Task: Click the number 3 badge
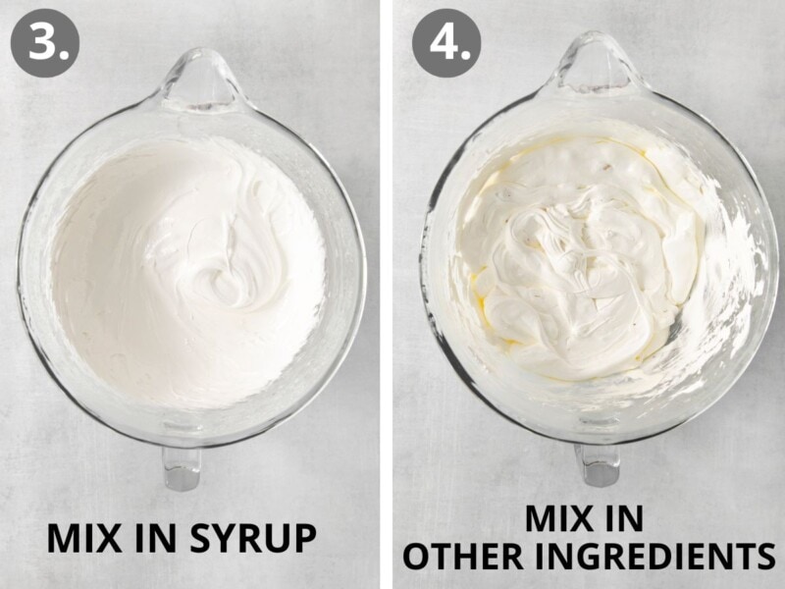[x=45, y=42]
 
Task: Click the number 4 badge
[x=446, y=42]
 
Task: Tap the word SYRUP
[x=253, y=538]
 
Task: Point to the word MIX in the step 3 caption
[x=84, y=538]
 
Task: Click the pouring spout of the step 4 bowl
[x=596, y=64]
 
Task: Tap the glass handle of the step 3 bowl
[x=182, y=468]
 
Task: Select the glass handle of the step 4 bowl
[x=598, y=464]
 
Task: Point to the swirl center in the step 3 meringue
[x=220, y=281]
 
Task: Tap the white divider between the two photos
[x=386, y=294]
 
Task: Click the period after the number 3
[x=64, y=55]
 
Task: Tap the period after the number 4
[x=467, y=55]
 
